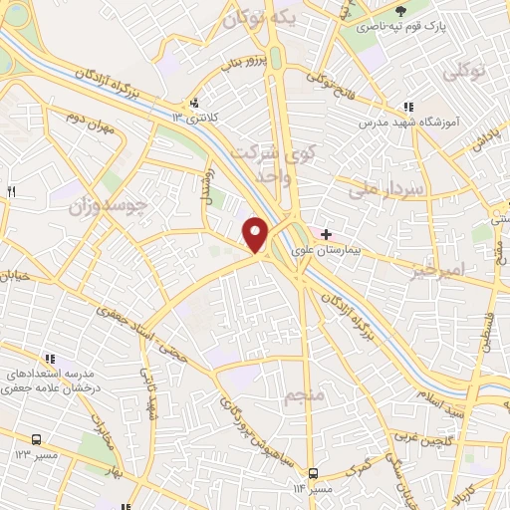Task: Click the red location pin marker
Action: click(x=256, y=234)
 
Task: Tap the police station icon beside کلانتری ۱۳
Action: click(x=194, y=103)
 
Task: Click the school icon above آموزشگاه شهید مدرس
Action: click(x=407, y=107)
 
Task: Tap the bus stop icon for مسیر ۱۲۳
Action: click(x=37, y=438)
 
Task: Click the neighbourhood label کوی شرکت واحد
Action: click(x=263, y=164)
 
